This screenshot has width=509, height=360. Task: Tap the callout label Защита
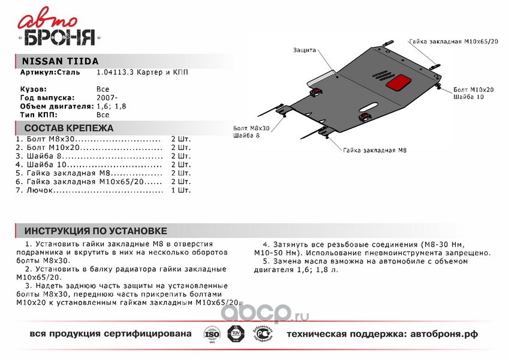305,50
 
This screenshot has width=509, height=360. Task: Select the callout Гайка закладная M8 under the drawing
376,150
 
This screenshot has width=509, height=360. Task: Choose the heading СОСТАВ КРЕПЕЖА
68,128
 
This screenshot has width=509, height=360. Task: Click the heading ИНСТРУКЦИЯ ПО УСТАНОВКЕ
95,232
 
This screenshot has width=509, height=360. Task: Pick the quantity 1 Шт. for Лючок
180,190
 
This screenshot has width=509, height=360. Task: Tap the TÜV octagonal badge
234,334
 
